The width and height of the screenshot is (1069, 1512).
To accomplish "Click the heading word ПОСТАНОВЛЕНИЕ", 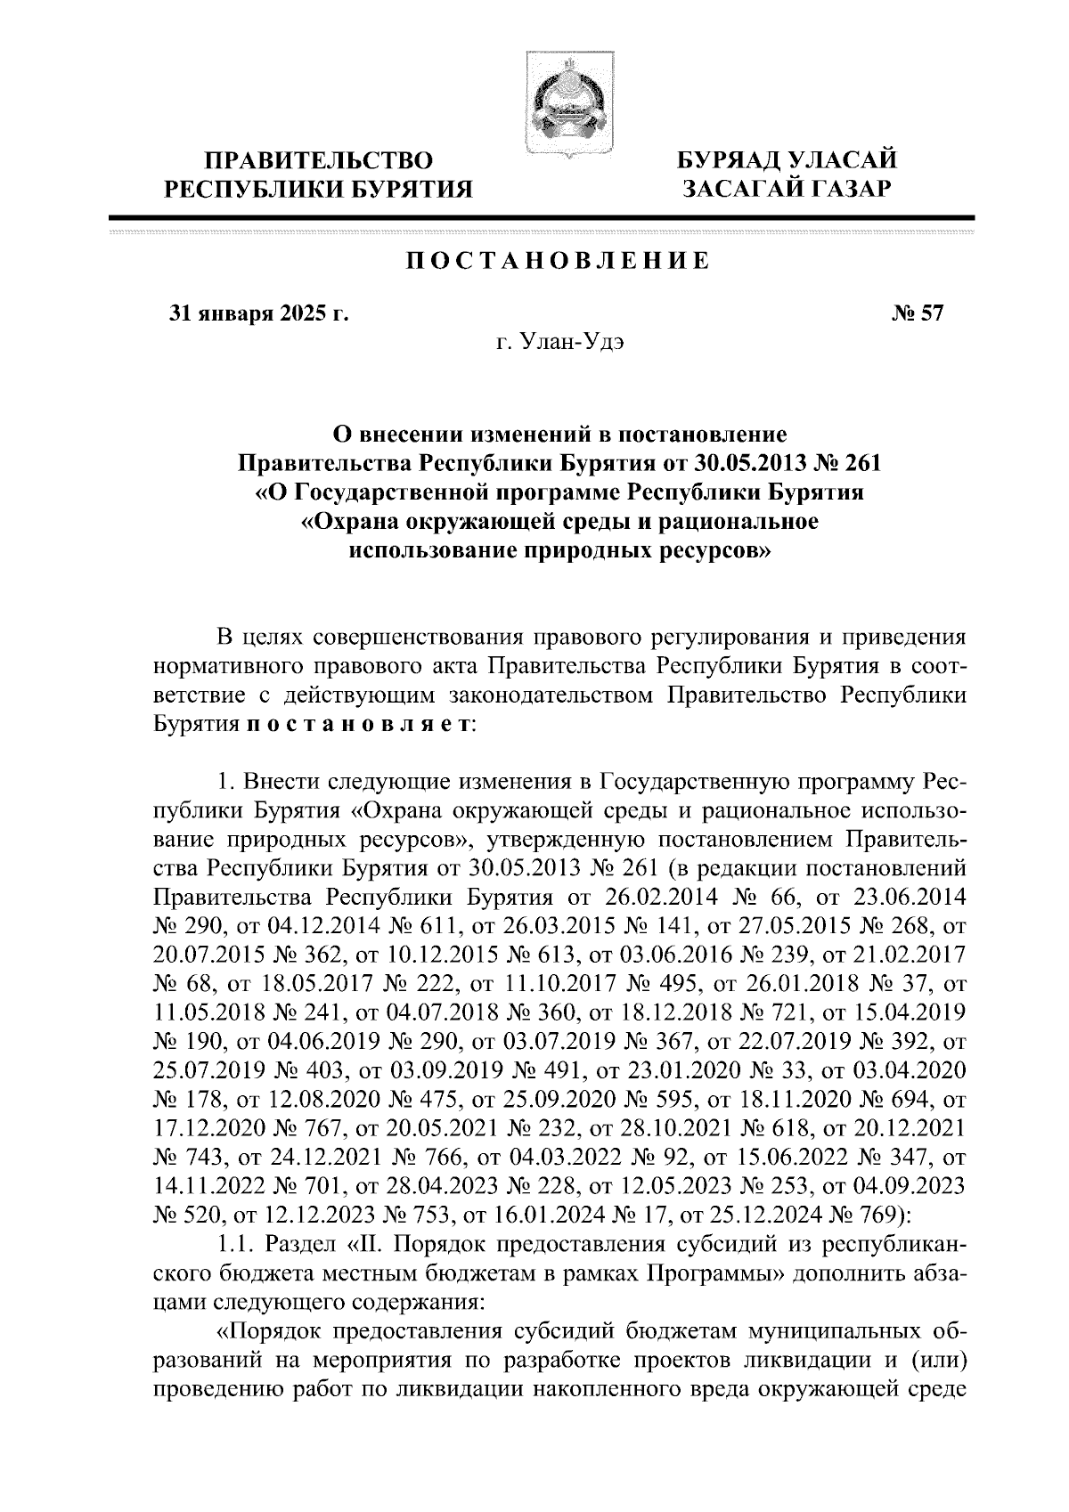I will pyautogui.click(x=559, y=261).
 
